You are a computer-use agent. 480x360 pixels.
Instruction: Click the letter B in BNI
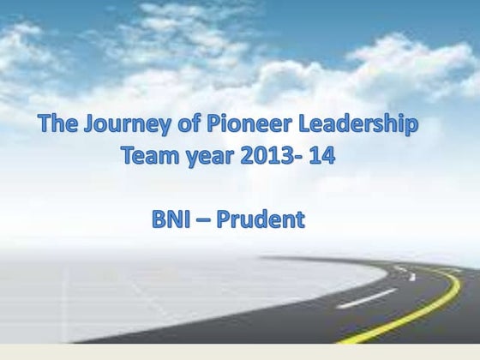coord(158,220)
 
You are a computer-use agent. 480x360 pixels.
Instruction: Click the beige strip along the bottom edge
coord(240,351)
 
